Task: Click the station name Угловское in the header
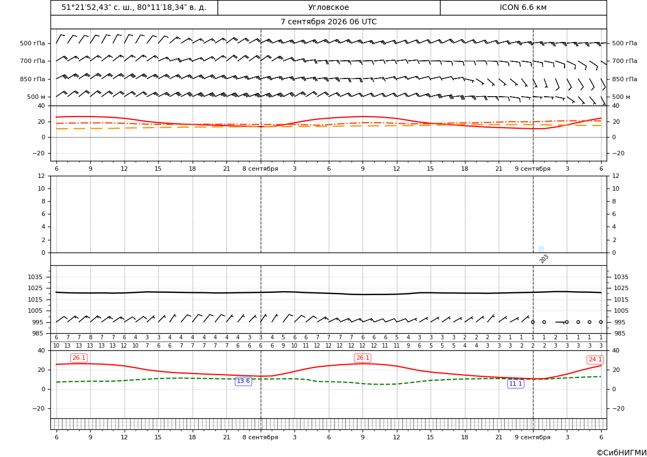click(x=328, y=7)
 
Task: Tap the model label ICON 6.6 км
click(x=523, y=7)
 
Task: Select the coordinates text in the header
click(x=134, y=7)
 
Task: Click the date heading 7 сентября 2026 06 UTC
click(x=328, y=22)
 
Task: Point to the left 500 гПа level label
click(x=32, y=43)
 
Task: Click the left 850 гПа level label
click(x=32, y=79)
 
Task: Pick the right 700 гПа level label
click(x=624, y=61)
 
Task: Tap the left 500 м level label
click(x=36, y=97)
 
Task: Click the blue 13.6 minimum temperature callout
click(x=243, y=381)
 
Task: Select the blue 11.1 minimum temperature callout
click(x=515, y=384)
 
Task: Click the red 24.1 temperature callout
click(x=594, y=360)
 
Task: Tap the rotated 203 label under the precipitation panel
click(x=544, y=259)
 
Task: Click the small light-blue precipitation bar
click(x=541, y=249)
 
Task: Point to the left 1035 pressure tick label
click(x=37, y=277)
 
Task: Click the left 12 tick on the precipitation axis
click(x=42, y=176)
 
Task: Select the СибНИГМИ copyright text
click(x=621, y=453)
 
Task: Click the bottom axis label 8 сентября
click(x=260, y=437)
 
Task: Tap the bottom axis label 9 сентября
click(x=532, y=437)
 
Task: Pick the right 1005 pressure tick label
click(x=621, y=311)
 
